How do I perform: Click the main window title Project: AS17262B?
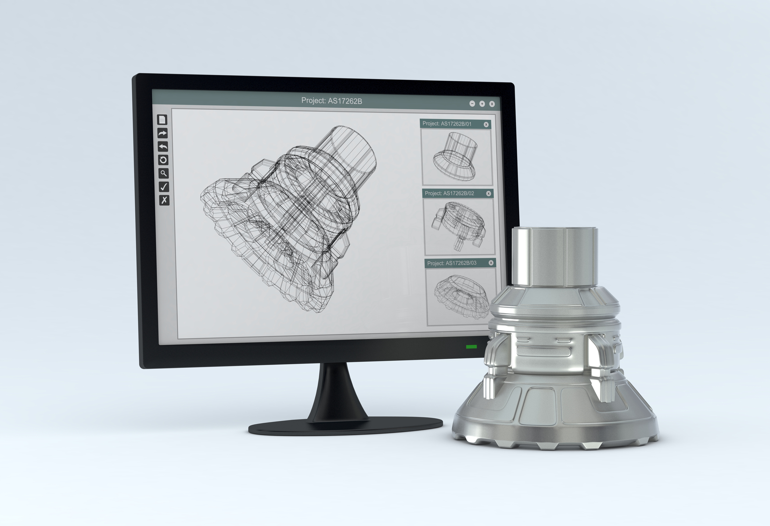coord(331,101)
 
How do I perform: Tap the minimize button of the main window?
coord(472,104)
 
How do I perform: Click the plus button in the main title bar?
coord(482,104)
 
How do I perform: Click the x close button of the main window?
coord(492,104)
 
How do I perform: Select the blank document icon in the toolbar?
coord(162,120)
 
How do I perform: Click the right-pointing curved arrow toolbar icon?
coord(162,133)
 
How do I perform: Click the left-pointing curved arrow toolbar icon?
coord(163,147)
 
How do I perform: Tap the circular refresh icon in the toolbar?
coord(163,160)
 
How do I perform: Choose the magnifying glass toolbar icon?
coord(163,173)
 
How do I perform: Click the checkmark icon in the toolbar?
coord(164,187)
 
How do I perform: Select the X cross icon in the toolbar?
coord(164,200)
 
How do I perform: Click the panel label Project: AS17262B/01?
coord(447,124)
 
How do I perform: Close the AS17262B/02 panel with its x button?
coord(489,193)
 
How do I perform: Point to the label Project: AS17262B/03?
coord(451,263)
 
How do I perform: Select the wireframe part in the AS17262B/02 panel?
coord(459,224)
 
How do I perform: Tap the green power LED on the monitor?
coord(471,347)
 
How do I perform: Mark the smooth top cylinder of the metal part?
coord(555,257)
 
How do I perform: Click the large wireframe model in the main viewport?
coord(290,217)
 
